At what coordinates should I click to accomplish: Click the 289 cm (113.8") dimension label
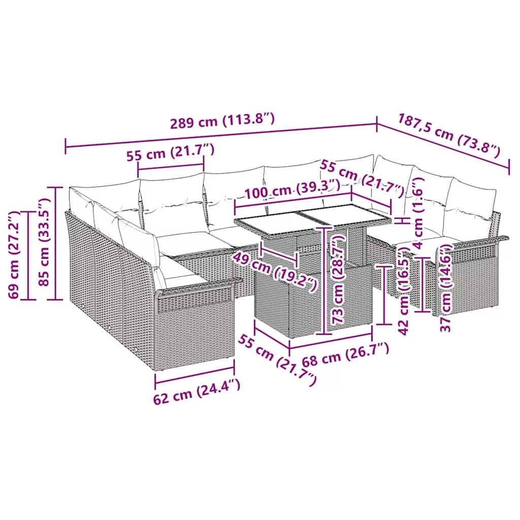pos(222,121)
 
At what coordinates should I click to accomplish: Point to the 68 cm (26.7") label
pos(345,354)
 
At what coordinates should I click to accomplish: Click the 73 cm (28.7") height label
pos(338,279)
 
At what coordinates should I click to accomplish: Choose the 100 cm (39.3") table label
pos(292,190)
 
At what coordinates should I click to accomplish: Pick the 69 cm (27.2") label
pos(14,255)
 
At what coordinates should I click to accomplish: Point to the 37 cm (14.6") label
pos(446,287)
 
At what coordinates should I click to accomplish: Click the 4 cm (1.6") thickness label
pos(418,213)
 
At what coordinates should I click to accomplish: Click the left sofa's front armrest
pos(199,285)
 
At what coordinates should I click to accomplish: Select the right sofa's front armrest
pos(474,244)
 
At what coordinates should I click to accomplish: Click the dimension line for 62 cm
pos(194,375)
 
